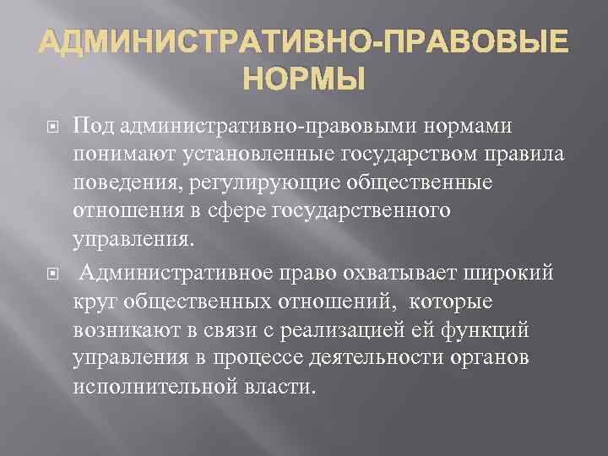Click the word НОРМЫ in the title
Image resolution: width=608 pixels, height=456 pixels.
tap(304, 80)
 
